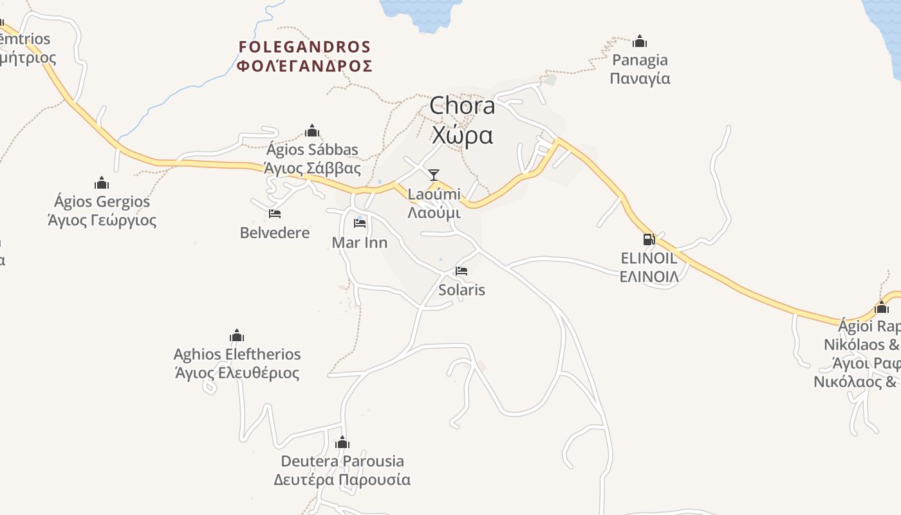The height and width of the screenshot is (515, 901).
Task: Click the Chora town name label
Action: click(462, 106)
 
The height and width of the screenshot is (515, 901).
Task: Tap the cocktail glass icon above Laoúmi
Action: click(434, 174)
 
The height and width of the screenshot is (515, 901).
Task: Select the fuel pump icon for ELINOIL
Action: click(649, 239)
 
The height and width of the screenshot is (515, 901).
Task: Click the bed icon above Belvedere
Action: click(275, 214)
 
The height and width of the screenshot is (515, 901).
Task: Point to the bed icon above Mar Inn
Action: click(360, 223)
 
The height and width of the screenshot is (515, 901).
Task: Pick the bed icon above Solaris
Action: click(461, 271)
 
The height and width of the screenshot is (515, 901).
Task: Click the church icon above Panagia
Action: click(640, 41)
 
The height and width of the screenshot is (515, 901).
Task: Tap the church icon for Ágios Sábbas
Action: click(312, 131)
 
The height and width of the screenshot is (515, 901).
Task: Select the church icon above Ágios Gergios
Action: click(102, 183)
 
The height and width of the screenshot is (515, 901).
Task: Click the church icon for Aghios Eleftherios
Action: click(237, 335)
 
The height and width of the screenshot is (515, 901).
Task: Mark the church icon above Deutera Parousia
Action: click(342, 442)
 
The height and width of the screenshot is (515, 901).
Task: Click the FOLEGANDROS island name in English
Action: click(304, 47)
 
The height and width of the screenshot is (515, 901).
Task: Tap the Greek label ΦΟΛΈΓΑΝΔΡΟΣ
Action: click(304, 66)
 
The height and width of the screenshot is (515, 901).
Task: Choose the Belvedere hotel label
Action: click(275, 232)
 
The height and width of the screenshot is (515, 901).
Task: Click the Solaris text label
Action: click(461, 290)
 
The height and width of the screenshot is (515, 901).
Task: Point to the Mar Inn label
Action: click(360, 242)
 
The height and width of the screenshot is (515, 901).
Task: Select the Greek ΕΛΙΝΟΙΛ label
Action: click(649, 277)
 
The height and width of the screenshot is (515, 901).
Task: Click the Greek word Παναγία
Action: click(640, 79)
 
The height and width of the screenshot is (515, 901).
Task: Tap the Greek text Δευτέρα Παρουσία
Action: click(342, 480)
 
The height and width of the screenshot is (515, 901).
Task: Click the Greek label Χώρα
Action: click(462, 135)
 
